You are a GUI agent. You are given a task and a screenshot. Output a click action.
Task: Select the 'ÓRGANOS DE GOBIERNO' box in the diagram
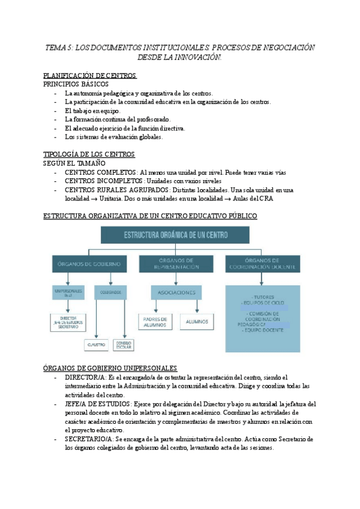point(89,264)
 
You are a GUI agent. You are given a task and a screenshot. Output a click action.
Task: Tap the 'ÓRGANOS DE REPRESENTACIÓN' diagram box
point(177,264)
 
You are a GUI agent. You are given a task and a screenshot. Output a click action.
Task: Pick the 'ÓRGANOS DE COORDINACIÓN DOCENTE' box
point(262,264)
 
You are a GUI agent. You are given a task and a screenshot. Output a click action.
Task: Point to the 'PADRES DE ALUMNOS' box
point(154,322)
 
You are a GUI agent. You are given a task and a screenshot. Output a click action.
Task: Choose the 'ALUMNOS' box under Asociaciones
point(197,322)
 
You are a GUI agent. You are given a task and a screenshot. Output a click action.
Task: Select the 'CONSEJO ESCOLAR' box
point(124,345)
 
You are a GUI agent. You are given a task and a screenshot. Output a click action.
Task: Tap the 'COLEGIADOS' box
point(110,292)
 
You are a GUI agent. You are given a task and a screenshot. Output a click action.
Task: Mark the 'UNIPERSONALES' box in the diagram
point(67,292)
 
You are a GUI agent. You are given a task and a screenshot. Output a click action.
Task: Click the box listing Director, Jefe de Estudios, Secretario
point(67,322)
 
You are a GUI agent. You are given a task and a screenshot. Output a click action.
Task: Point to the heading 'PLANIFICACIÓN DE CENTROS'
point(90,76)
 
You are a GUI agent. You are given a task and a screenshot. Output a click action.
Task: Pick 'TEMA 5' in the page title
point(58,47)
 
